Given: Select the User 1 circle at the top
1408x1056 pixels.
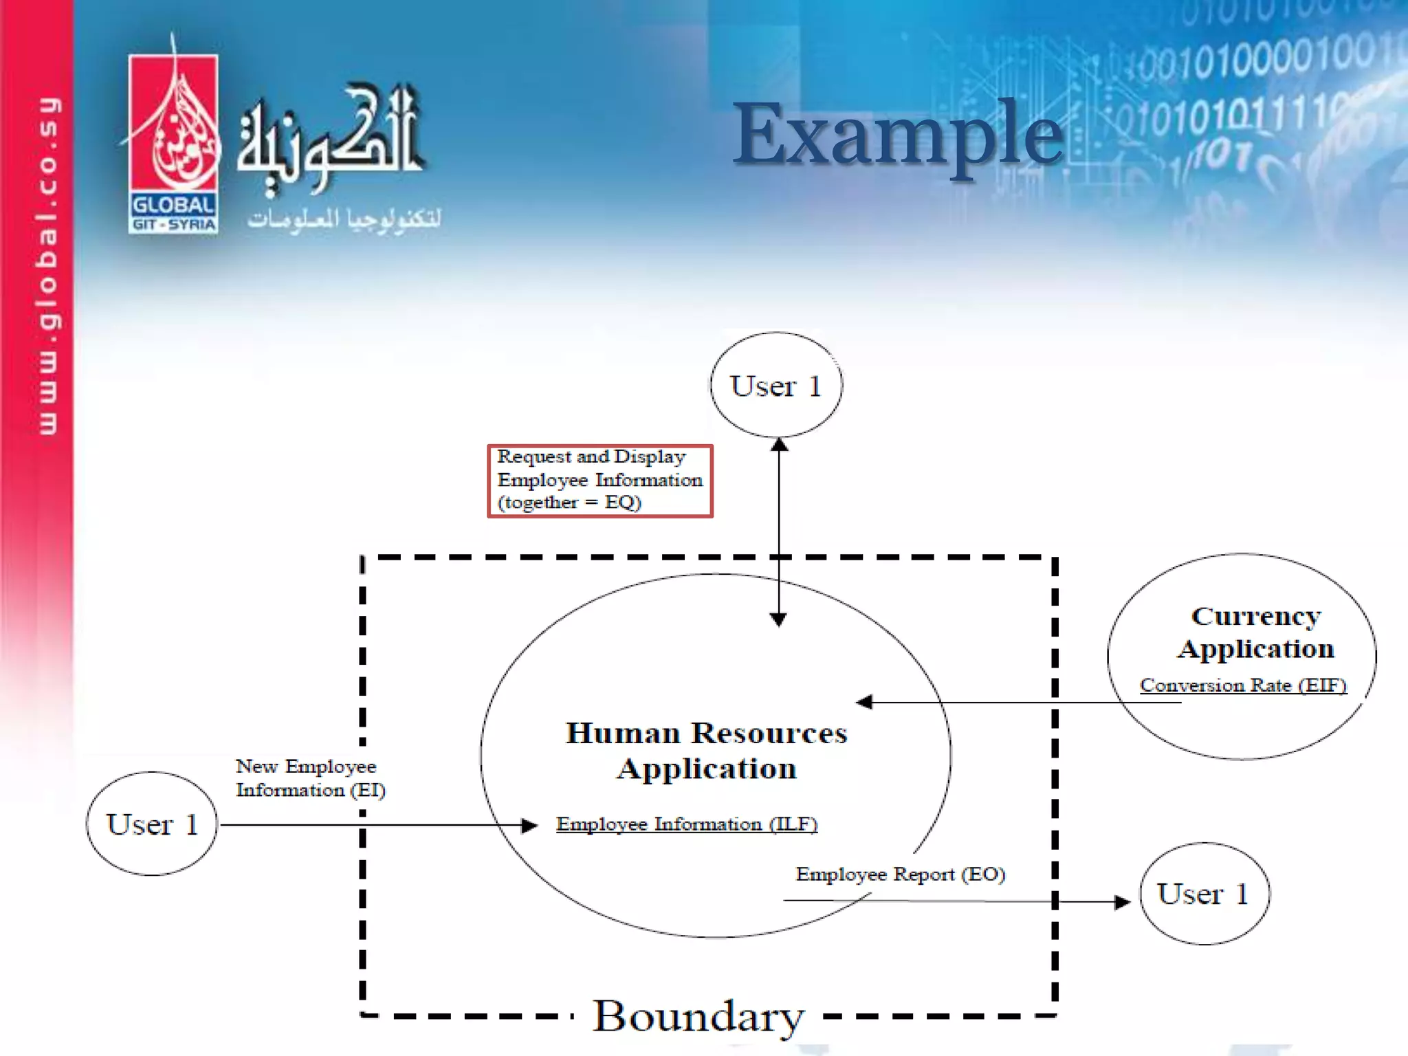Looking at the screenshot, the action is point(776,385).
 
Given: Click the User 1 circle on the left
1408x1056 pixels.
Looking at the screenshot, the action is point(152,824).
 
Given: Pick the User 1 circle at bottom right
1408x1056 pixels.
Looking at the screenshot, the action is point(1204,894).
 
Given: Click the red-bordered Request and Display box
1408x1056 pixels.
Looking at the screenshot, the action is point(599,481).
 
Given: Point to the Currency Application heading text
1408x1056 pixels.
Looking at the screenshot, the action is point(1255,632).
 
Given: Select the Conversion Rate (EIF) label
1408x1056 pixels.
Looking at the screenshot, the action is point(1242,685).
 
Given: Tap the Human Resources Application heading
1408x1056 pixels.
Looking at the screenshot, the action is point(707,751).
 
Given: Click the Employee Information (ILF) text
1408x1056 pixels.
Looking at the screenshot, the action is point(686,824).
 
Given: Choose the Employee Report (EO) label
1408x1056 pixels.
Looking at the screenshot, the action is point(900,874).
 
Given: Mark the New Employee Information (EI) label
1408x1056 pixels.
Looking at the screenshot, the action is point(310,778).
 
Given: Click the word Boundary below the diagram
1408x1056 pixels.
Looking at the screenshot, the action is point(698,1016).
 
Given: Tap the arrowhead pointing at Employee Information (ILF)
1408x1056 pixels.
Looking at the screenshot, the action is point(529,825).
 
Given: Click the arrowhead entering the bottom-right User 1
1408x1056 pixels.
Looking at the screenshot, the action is point(1122,901).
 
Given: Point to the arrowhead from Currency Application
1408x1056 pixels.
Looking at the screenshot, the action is point(864,702).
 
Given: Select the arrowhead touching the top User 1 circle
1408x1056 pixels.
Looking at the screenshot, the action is point(779,445).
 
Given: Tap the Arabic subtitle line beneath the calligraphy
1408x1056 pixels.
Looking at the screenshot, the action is point(344,219).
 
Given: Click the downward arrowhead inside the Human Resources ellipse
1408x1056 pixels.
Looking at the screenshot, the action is point(778,619).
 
